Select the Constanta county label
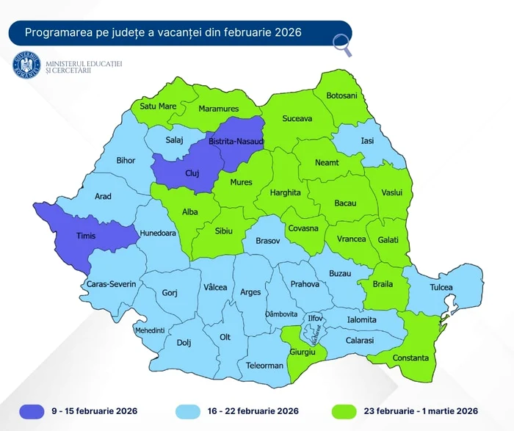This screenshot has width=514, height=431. pyautogui.click(x=410, y=358)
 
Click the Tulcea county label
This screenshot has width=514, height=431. pyautogui.click(x=441, y=287)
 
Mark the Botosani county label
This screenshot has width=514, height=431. pyautogui.click(x=341, y=95)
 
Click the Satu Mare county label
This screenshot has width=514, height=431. pyautogui.click(x=158, y=106)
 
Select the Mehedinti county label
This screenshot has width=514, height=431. pyautogui.click(x=150, y=330)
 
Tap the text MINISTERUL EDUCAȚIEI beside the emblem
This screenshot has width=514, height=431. pyautogui.click(x=83, y=65)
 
